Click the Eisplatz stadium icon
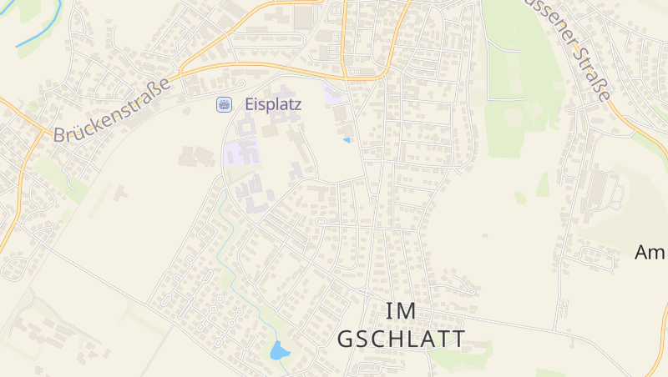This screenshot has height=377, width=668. (x=224, y=105)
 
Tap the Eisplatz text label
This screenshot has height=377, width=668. (x=273, y=105)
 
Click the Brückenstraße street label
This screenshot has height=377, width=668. (x=112, y=109)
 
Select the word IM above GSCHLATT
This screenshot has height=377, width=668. (x=402, y=310)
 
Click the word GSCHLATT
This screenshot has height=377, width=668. (x=401, y=339)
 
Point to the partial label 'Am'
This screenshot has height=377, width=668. (x=650, y=252)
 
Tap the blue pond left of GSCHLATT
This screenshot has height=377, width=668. (x=279, y=350)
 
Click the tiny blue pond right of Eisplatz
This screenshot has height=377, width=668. (x=347, y=140)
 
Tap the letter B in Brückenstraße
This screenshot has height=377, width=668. (x=60, y=134)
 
